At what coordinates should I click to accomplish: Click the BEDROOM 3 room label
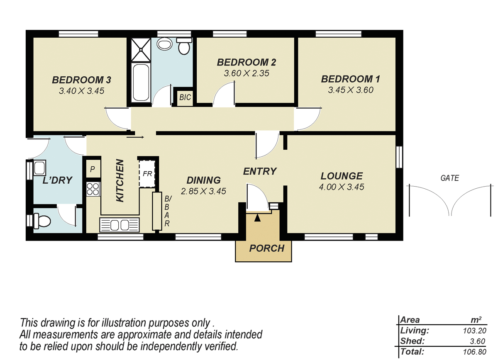pos(81,79)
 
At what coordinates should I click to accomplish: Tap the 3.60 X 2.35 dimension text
pos(247,73)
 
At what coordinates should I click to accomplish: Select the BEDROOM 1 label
pos(350,79)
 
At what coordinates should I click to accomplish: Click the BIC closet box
pos(185,97)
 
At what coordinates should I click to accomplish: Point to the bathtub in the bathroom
pos(141,83)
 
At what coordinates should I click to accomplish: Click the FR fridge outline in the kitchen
pos(146,173)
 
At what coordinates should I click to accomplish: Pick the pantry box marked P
pos(93,169)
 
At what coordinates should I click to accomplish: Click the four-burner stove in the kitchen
pos(93,190)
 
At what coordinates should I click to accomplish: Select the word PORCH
pos(267,248)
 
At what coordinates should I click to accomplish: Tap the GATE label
pos(450,178)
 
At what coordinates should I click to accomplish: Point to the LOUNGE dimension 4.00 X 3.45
pos(341,187)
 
